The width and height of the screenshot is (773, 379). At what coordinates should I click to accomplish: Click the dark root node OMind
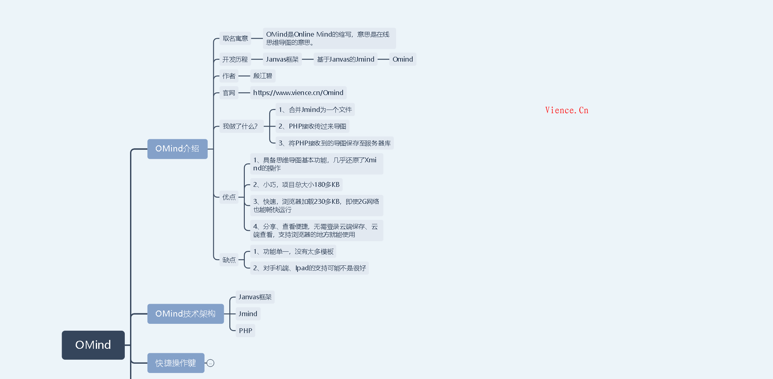point(93,345)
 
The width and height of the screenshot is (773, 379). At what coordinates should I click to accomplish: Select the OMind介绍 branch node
point(177,149)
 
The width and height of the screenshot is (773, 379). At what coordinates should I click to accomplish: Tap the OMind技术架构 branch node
point(185,314)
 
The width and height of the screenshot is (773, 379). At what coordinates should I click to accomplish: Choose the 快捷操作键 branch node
point(176,363)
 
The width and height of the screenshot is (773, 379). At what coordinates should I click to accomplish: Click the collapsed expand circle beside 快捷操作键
point(211,363)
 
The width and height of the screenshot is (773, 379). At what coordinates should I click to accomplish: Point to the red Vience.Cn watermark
point(566,110)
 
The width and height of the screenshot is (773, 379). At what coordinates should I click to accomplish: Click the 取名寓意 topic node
point(235,38)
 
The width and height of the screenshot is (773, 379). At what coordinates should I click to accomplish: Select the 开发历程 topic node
point(235,59)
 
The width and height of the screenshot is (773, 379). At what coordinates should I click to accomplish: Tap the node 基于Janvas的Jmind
point(345,59)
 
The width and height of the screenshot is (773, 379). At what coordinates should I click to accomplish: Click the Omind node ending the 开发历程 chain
point(403,59)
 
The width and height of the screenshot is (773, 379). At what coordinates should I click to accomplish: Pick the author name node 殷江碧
point(262,76)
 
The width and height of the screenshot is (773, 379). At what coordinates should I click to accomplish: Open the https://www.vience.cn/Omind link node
point(298,93)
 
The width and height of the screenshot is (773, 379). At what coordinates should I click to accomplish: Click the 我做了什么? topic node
point(240,126)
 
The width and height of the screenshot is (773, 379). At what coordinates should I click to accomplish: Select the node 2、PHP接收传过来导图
point(312,126)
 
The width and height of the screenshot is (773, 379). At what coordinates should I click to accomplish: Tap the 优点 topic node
point(229,197)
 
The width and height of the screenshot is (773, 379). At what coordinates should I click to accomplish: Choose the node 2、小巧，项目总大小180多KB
point(296,184)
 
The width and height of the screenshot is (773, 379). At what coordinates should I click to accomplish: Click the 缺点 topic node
point(229,260)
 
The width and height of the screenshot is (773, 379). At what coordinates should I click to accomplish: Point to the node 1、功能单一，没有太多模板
point(293,251)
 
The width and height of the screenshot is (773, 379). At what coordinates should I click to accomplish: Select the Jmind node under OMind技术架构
point(248,314)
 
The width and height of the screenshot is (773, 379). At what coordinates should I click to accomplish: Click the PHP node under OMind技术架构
point(245,331)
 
